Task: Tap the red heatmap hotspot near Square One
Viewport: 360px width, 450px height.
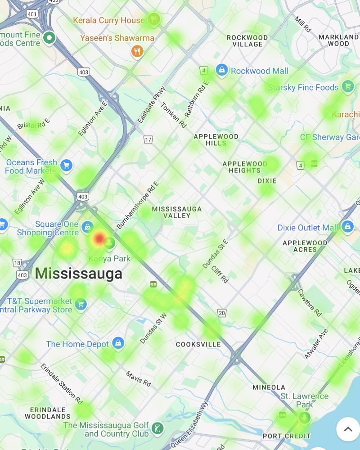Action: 99,238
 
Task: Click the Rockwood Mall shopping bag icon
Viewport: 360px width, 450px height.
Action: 221,70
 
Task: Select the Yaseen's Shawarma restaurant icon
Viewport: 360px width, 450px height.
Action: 137,51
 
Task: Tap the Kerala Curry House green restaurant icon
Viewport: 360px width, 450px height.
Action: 154,19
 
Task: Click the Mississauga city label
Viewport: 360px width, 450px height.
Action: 78,273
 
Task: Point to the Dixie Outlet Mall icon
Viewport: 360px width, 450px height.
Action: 347,227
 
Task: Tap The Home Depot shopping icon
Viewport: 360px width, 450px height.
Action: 118,343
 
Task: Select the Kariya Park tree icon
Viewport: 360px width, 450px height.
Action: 108,243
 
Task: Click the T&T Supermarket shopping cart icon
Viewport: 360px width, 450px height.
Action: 81,304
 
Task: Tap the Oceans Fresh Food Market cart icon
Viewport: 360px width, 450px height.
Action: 66,166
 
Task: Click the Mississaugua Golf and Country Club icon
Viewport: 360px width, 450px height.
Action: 157,428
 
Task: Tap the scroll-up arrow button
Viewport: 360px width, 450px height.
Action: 348,429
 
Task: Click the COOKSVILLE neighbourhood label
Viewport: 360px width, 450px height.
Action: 198,344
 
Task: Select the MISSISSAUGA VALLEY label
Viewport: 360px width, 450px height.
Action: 177,212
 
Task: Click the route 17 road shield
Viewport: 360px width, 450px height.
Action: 148,140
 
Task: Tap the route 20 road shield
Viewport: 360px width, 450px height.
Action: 221,313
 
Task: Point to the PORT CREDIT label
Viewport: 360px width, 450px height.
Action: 286,436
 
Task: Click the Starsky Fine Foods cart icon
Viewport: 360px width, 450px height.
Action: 347,86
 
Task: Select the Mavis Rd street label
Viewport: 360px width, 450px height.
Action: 138,379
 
